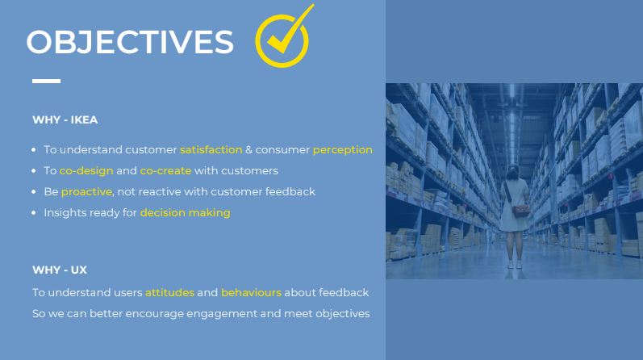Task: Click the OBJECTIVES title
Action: [x=130, y=42]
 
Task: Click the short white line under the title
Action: [x=46, y=81]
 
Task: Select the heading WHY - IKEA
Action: [x=65, y=119]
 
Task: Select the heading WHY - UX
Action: [x=60, y=270]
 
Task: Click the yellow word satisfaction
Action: [x=211, y=150]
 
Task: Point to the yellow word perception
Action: [x=342, y=150]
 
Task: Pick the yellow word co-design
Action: [x=86, y=171]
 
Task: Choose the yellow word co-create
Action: [x=165, y=171]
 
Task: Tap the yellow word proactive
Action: [x=86, y=192]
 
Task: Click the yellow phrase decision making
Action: [x=186, y=212]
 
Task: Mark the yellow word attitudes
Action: [x=169, y=293]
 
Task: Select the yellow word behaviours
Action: [x=252, y=293]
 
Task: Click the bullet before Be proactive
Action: [x=34, y=191]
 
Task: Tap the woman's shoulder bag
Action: [x=520, y=211]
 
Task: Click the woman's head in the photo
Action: [x=513, y=172]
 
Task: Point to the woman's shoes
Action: [x=514, y=265]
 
